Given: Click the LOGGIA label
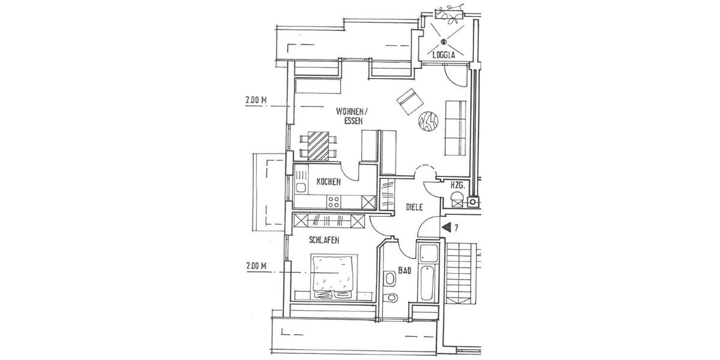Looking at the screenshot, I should coord(444,55).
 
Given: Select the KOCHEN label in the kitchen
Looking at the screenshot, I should coord(328,181).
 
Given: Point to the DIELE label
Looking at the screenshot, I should coord(415,207).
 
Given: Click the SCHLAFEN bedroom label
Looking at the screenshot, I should coord(324,240).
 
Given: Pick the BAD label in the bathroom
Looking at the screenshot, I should coord(404,271).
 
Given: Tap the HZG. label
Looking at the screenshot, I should coord(458,185).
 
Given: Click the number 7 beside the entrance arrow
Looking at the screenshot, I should coord(457,228).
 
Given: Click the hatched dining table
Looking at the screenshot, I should coord(319,146).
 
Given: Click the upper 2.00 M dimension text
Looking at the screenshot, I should coord(256,101).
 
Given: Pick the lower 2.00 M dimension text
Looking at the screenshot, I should coord(256,266).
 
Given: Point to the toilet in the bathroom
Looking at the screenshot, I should coord(391,278).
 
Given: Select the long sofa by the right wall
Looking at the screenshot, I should coord(456,127).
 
